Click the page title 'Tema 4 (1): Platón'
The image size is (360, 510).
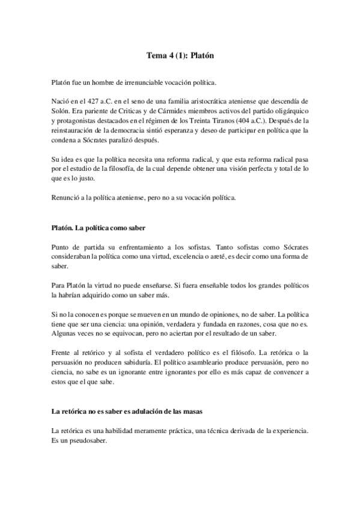point(180,55)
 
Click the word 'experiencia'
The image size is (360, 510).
point(288,430)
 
